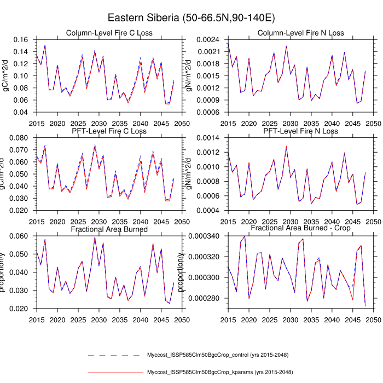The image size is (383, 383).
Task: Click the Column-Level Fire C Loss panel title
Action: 109,33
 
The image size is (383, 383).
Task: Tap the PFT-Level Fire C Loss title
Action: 109,131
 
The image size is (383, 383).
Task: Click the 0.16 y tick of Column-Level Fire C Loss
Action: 23,40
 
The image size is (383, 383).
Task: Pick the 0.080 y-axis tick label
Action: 21,137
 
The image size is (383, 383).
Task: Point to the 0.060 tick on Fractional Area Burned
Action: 21,236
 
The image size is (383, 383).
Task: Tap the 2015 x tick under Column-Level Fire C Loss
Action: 37,123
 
